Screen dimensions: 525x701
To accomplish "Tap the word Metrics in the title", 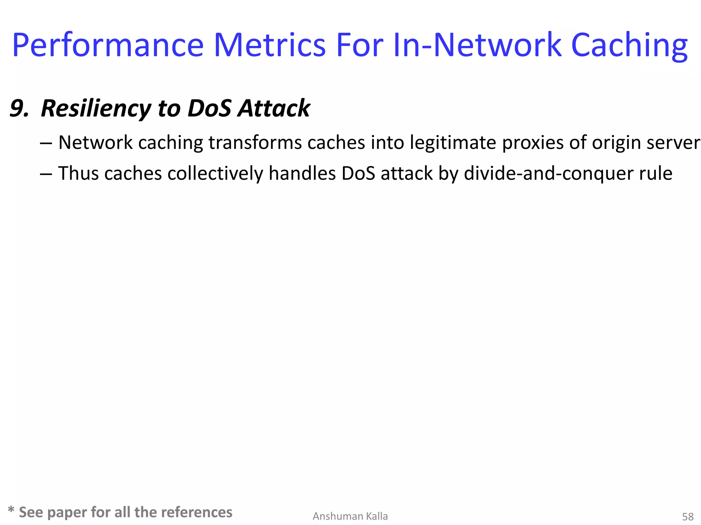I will point(269,45).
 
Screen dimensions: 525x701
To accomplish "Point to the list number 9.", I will point(19,108).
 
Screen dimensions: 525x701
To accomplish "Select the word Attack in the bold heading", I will point(274,108).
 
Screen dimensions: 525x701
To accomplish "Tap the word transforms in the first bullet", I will point(253,143).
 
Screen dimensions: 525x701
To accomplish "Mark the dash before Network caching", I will point(46,143).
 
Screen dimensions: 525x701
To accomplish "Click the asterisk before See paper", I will point(11,511).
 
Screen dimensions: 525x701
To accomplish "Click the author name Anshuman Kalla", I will point(350,516).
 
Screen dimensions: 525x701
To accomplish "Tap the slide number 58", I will point(688,516).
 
